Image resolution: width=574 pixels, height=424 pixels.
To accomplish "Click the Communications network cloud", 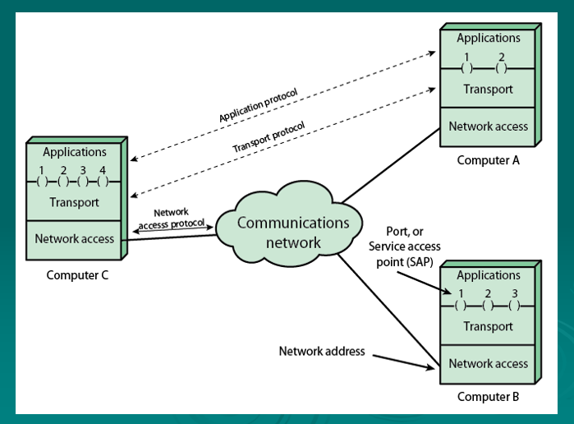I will coord(293,232).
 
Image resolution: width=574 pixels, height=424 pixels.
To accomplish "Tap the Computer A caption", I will coord(488,160).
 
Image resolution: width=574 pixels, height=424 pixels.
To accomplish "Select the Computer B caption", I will coord(488,397).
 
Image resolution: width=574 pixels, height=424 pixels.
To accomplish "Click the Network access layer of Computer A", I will coord(488,127).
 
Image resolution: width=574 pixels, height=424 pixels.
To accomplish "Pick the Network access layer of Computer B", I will coord(488,363).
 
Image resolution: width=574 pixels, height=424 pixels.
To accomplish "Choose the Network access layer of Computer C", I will coord(74,239).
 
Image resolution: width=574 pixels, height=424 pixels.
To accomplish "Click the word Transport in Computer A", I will coord(488,90).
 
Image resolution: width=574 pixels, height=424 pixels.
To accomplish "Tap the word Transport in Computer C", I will coord(74,202).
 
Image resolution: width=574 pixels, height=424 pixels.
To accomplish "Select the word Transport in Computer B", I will coord(488,326).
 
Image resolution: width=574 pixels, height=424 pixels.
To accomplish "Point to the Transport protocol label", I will coord(268,137).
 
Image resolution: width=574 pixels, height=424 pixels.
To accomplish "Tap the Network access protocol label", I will coord(172,218).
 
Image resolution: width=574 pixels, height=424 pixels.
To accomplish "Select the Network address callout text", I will coord(322,351).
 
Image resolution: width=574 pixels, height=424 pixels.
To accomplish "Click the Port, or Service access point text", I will coord(404,247).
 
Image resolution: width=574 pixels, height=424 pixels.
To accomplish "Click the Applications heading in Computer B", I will coord(488,275).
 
